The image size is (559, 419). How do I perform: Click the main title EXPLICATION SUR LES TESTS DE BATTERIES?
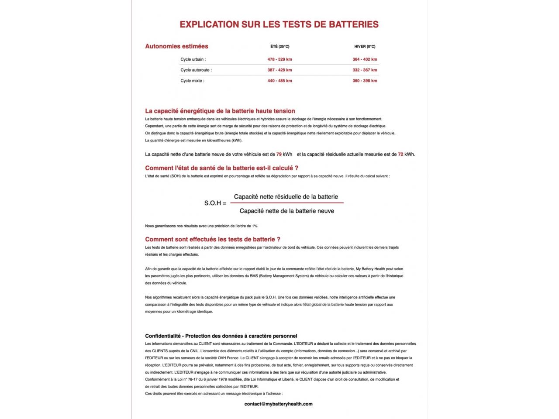tap(279, 24)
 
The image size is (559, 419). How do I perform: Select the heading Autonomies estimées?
tap(176, 46)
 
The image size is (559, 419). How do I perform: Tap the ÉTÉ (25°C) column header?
tap(279, 47)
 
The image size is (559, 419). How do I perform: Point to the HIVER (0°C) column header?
tap(365, 47)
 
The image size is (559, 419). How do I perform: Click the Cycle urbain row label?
tap(193, 59)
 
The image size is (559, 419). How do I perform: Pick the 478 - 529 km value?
tap(279, 59)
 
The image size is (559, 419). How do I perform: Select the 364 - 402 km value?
tap(365, 59)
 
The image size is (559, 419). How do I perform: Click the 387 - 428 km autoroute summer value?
tap(279, 70)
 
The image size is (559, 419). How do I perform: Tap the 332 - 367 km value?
tap(365, 70)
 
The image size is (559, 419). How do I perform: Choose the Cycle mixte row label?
tap(192, 81)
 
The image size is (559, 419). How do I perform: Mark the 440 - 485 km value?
tap(279, 81)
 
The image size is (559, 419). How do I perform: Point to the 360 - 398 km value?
tap(365, 81)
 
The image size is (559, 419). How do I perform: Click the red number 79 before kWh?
tap(279, 155)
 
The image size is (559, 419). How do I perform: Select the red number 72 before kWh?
tap(400, 155)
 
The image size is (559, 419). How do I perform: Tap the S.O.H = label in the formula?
tap(215, 203)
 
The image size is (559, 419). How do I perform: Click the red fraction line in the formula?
tap(287, 203)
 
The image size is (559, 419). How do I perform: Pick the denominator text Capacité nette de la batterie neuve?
tap(287, 211)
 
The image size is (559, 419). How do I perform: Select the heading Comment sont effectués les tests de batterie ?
tap(213, 239)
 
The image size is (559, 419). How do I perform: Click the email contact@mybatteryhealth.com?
tap(279, 404)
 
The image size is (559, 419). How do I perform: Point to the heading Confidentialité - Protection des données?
tap(221, 336)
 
